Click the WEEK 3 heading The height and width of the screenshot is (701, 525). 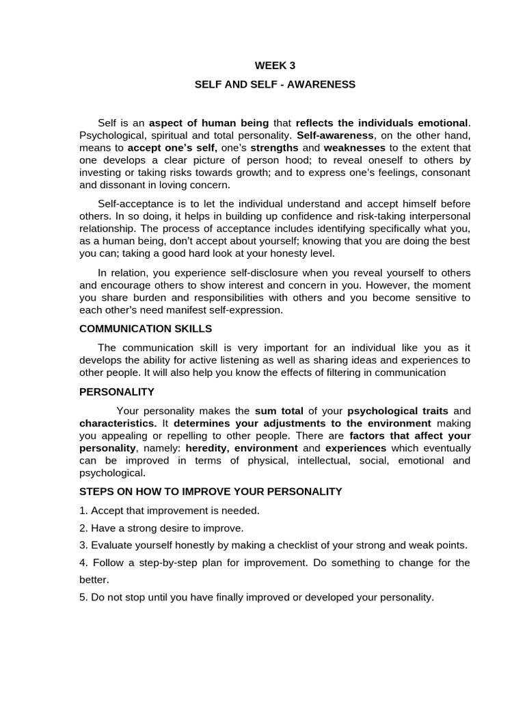point(275,66)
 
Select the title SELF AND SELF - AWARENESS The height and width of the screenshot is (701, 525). point(275,84)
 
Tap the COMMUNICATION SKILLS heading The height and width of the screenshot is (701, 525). point(146,329)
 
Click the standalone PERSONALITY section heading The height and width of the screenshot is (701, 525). point(117,392)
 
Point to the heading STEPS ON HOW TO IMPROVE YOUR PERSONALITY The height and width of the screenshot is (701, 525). point(211,492)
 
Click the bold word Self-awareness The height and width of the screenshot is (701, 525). point(335,135)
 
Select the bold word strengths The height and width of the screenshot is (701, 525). point(274,147)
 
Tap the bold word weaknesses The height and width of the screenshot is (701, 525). point(354,147)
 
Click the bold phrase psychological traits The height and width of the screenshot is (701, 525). point(398,411)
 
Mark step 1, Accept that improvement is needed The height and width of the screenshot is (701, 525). point(170,510)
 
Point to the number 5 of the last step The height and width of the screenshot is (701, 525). point(83,597)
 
